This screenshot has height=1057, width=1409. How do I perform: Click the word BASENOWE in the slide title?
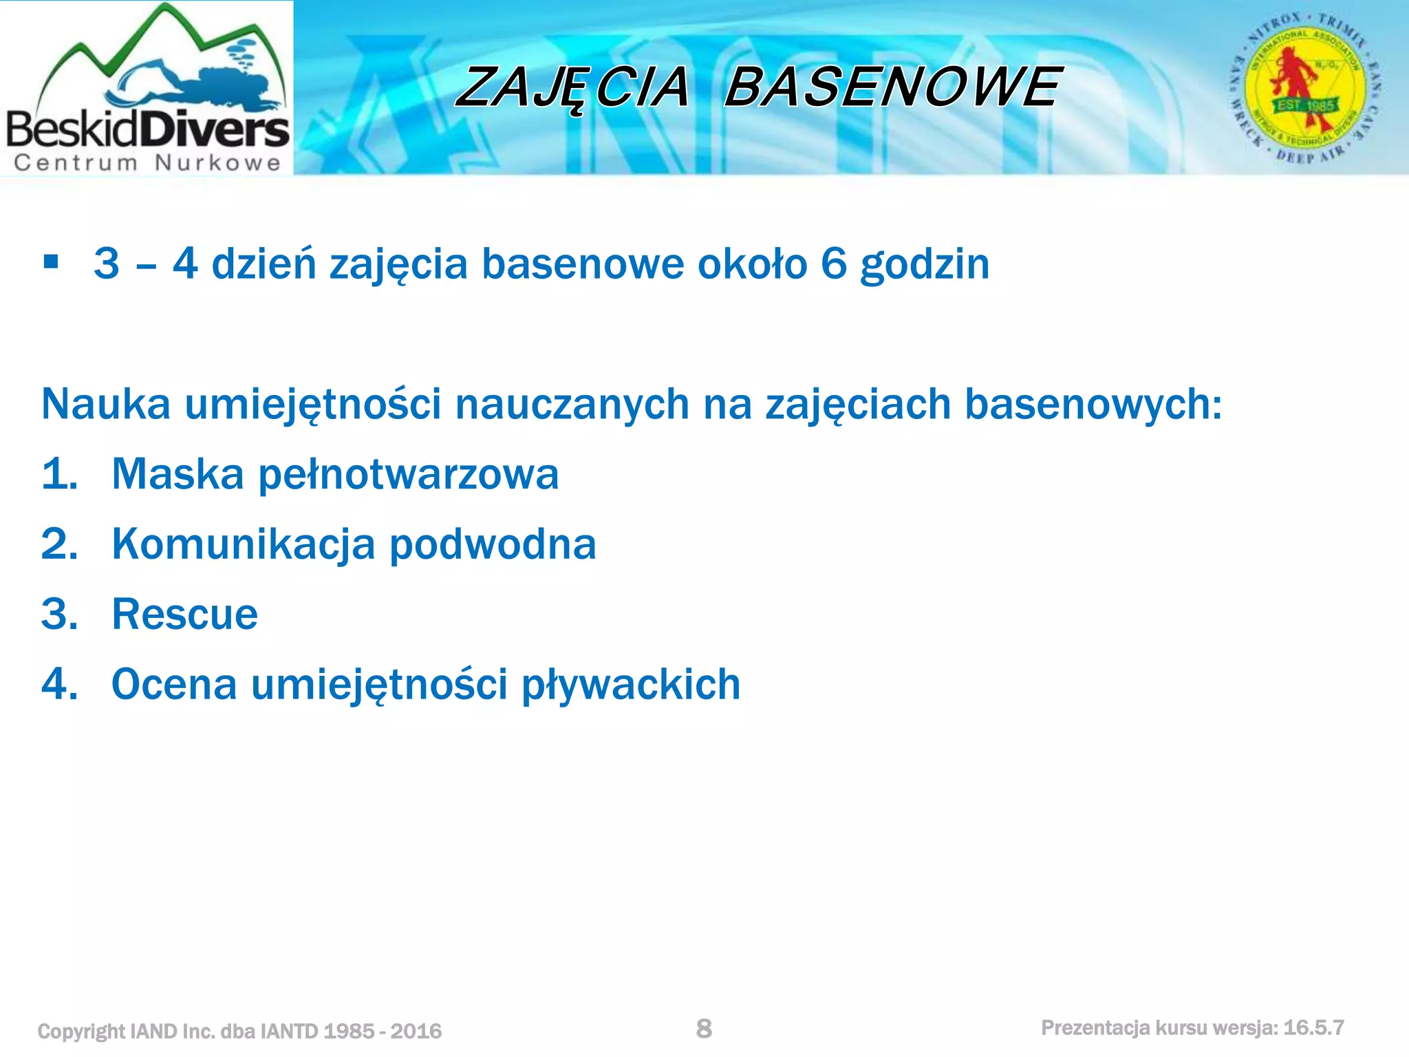(x=892, y=87)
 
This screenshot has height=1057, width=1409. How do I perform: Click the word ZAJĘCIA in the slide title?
(x=572, y=87)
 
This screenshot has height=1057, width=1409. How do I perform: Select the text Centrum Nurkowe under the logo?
(x=147, y=163)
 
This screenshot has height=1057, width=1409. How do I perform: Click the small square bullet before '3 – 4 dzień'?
(x=50, y=262)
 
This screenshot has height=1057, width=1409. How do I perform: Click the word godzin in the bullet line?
(x=924, y=264)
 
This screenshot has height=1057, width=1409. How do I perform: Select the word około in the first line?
(x=752, y=264)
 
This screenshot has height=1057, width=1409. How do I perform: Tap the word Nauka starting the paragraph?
(x=106, y=404)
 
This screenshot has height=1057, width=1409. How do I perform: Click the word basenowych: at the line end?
(x=1093, y=404)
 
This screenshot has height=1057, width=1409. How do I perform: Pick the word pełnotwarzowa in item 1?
(x=408, y=475)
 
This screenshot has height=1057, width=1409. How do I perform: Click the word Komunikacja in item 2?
(x=244, y=544)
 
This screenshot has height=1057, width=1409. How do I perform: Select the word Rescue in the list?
(x=184, y=615)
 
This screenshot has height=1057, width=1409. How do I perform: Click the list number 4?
(x=59, y=685)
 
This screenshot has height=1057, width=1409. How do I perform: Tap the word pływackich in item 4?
(x=631, y=685)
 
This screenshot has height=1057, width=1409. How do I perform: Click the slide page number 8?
(x=704, y=1028)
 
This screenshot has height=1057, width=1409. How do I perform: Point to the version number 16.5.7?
(x=1313, y=1028)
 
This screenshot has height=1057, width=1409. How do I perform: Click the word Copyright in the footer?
(x=80, y=1031)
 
